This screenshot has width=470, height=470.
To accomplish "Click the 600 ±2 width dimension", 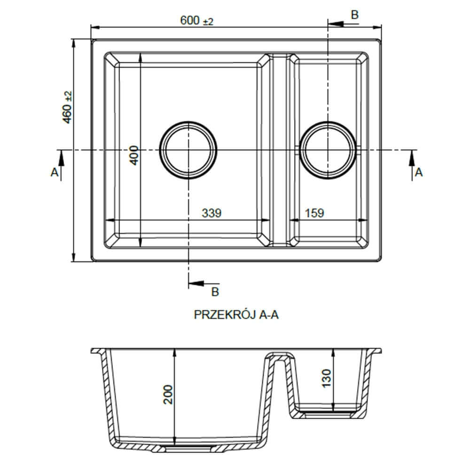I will (x=196, y=21).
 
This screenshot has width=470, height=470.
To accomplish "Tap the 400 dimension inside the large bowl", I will (x=134, y=155).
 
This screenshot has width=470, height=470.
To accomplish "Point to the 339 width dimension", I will (x=211, y=213).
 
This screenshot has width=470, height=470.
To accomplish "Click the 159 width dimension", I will (x=314, y=213).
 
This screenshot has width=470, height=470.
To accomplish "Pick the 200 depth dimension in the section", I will (x=169, y=394).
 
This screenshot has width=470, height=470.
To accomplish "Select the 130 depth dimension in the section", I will (x=327, y=378).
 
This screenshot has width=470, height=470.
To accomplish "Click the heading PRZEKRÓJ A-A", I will (x=236, y=315).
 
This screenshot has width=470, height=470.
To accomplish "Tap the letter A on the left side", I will (x=54, y=172).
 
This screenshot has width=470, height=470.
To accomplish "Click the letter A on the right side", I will (x=418, y=172).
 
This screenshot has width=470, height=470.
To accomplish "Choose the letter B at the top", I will (x=355, y=15).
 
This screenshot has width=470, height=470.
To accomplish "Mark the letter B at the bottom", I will (x=215, y=292).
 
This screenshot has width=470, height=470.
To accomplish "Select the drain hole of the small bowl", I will (x=329, y=150).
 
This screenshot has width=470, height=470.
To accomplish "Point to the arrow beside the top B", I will (x=337, y=23).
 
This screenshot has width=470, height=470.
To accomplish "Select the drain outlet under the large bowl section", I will (x=175, y=447).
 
